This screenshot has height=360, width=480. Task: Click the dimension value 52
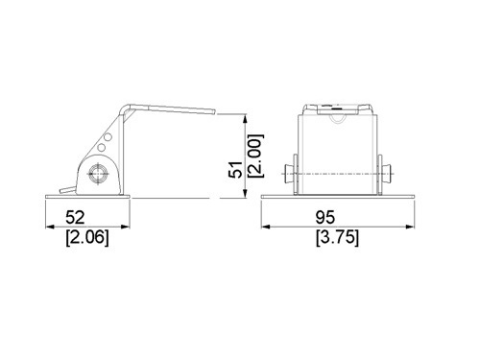[x=75, y=217]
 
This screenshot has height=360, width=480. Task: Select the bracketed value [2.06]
[x=87, y=238]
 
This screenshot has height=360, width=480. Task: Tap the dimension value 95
[x=325, y=217]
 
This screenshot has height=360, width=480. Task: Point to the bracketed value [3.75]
[x=337, y=238]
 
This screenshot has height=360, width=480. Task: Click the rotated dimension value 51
[x=235, y=169]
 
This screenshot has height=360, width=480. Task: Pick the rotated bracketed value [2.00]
[x=256, y=156]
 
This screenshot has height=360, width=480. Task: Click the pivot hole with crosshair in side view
[x=98, y=174]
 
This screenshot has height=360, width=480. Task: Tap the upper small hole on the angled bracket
[x=108, y=137]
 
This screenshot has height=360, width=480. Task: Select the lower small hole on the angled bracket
[x=102, y=147]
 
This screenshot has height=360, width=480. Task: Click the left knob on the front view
[x=291, y=174]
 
